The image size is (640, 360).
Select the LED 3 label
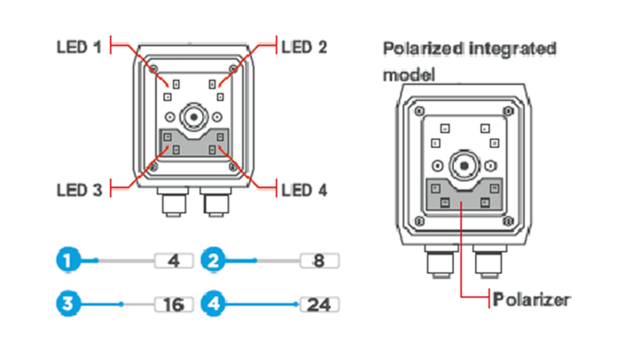click(x=78, y=189)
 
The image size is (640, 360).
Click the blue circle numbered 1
click(x=66, y=261)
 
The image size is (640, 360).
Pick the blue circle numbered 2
click(x=214, y=261)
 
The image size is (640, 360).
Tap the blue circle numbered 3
click(x=66, y=304)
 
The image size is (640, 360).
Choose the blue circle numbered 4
click(x=214, y=304)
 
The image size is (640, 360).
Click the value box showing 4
click(x=174, y=261)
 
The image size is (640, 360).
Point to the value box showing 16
click(x=174, y=304)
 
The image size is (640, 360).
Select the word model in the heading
click(x=409, y=74)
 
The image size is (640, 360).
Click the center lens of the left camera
click(x=193, y=116)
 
